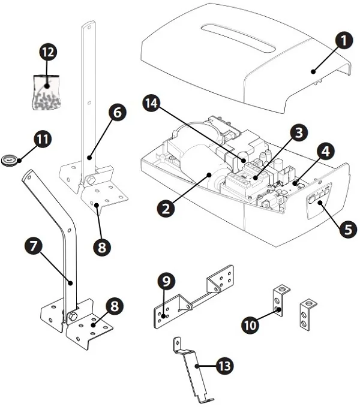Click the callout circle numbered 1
344,42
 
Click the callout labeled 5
347,228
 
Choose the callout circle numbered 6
118,111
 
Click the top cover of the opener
240,60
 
